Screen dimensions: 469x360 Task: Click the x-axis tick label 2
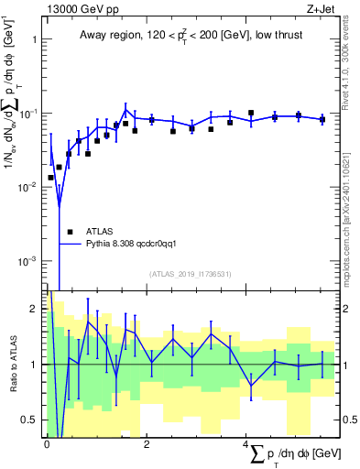[x=147, y=442]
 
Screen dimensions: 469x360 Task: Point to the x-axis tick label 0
[x=48, y=442]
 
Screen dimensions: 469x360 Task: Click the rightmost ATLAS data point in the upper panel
[x=322, y=119]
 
